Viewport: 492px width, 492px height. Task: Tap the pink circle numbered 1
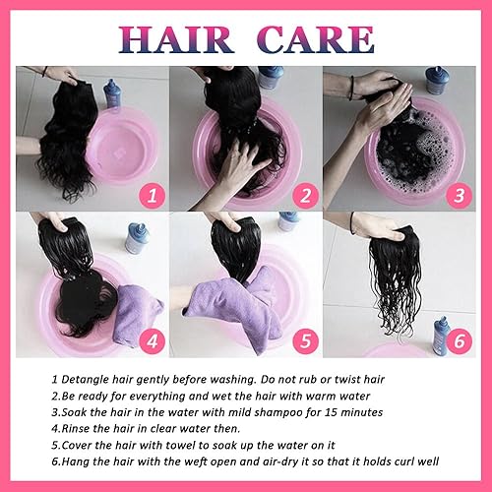click(150, 195)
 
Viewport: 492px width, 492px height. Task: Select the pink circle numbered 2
click(304, 195)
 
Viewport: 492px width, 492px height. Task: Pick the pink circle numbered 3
click(457, 195)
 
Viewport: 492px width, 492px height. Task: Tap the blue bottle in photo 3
click(438, 80)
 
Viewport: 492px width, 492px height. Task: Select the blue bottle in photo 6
click(440, 334)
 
